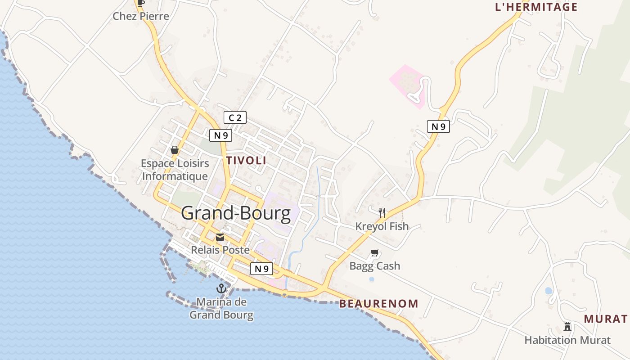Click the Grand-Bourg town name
click(x=236, y=213)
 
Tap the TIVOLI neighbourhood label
click(x=246, y=161)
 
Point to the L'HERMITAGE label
click(x=536, y=7)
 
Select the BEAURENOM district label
click(x=378, y=304)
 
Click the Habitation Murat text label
click(x=567, y=340)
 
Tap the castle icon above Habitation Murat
click(x=567, y=327)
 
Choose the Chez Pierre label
click(x=141, y=17)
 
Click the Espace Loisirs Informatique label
click(x=175, y=170)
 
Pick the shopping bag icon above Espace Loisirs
click(x=175, y=150)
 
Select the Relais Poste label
click(x=220, y=250)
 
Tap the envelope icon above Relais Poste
click(x=220, y=237)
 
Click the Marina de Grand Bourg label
click(x=221, y=308)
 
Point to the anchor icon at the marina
click(x=221, y=288)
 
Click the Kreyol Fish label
click(x=382, y=226)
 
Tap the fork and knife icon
click(x=382, y=213)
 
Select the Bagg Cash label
click(x=375, y=266)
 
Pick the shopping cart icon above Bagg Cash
click(x=375, y=253)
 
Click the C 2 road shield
click(x=235, y=118)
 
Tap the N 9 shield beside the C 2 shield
click(x=220, y=135)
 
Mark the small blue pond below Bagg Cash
click(x=372, y=279)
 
